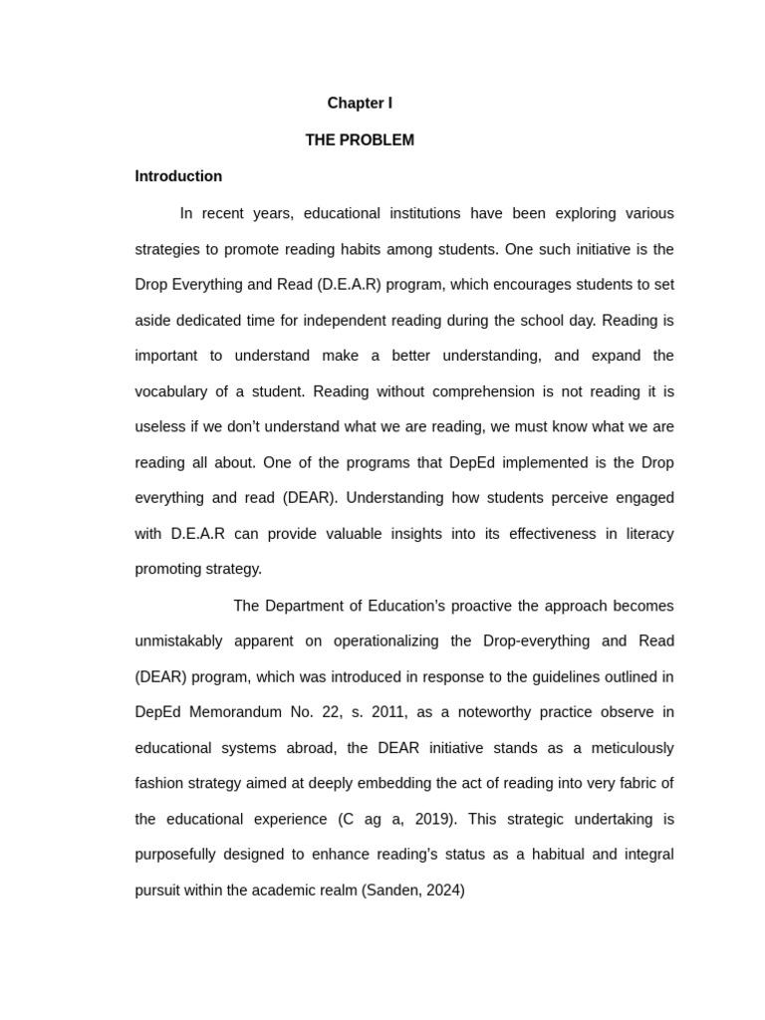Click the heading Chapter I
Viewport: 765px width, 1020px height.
360,104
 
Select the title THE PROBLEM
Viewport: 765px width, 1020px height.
360,140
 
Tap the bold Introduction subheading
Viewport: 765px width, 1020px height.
178,176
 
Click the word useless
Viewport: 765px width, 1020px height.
159,427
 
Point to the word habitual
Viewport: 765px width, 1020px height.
518,855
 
